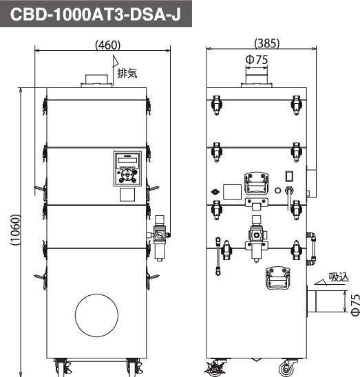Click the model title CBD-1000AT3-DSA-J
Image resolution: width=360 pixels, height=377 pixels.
[x=95, y=14]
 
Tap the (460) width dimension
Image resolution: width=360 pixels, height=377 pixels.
[x=107, y=45]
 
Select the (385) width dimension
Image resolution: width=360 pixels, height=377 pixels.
[x=267, y=43]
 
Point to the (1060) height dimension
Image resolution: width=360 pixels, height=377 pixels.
[x=16, y=230]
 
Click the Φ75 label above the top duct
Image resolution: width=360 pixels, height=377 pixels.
[x=257, y=60]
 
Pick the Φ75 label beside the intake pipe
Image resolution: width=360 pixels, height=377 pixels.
[x=355, y=304]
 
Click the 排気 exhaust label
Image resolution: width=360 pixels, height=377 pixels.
[x=127, y=73]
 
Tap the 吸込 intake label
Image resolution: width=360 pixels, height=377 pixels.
[x=339, y=277]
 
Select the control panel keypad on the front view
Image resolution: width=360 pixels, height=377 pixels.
[x=127, y=169]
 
